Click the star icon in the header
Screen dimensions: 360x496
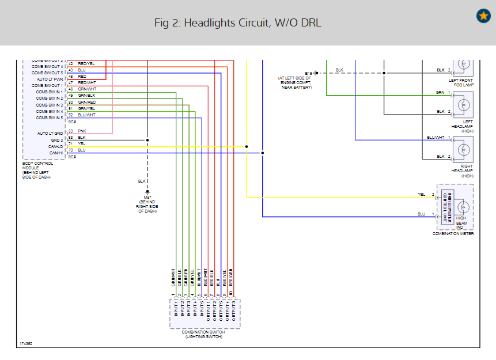tap(483, 16)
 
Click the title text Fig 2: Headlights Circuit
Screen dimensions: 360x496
tap(237, 23)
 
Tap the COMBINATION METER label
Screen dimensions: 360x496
tap(453, 234)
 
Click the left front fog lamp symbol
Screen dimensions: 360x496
tap(464, 65)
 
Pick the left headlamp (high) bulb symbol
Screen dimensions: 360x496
tap(464, 105)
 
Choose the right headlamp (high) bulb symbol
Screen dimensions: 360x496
tap(464, 149)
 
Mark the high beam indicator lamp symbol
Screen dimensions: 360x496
tap(463, 207)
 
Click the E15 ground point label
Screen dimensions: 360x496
tap(309, 73)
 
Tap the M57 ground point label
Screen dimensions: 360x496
tap(147, 197)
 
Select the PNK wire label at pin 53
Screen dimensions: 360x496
tap(82, 131)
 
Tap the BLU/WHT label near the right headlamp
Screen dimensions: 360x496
tap(435, 138)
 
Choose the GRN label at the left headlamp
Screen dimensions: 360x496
tap(440, 92)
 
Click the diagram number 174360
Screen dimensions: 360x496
tap(26, 344)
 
